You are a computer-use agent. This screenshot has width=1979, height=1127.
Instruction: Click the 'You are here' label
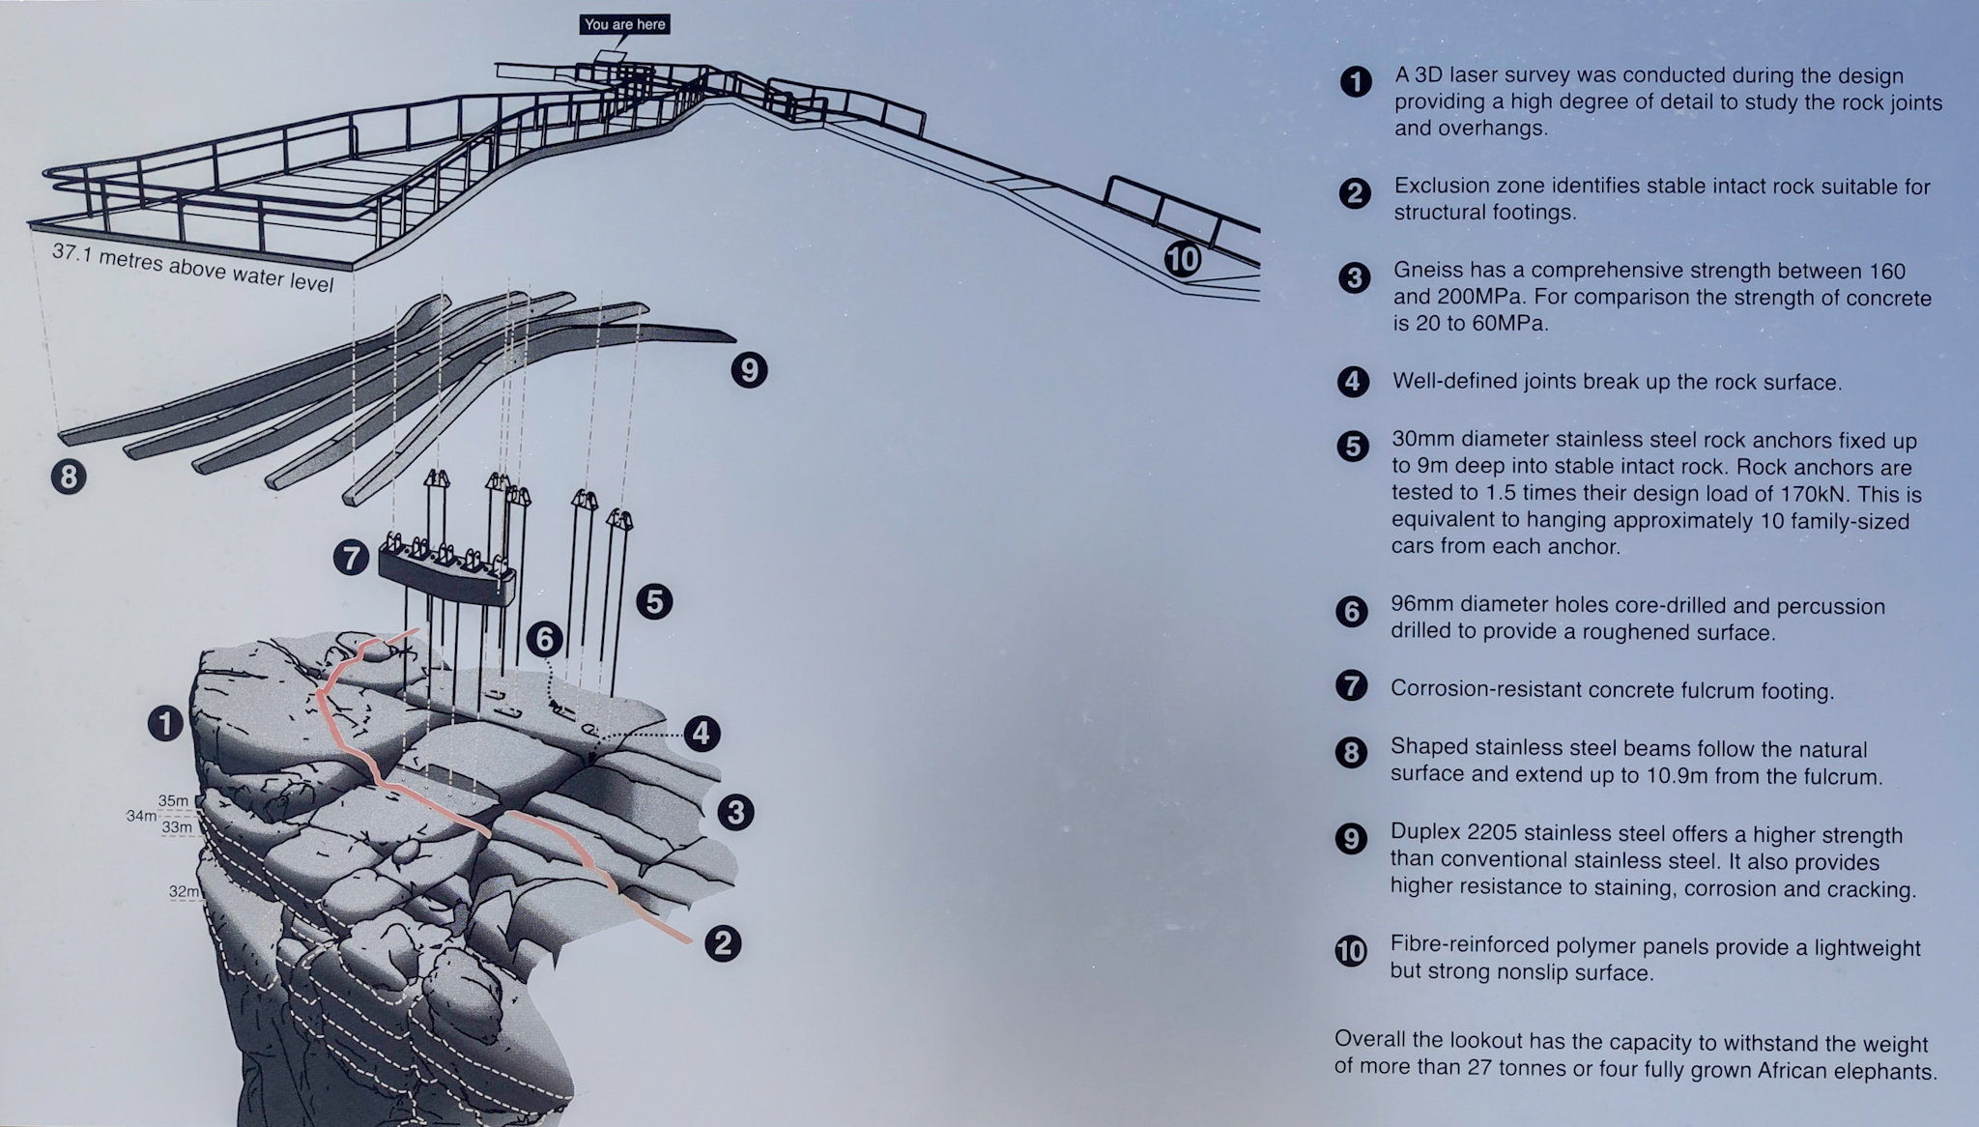tap(625, 24)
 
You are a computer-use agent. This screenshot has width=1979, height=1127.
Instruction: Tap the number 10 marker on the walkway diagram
tap(1182, 259)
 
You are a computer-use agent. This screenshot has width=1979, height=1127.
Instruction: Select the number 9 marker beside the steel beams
tap(749, 370)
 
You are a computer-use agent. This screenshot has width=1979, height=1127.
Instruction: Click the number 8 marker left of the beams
tap(69, 477)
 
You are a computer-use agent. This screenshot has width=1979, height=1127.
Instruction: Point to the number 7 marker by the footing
tap(351, 558)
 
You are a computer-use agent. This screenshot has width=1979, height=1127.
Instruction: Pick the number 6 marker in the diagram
tap(545, 639)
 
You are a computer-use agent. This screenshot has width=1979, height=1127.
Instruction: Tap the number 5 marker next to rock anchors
tap(654, 602)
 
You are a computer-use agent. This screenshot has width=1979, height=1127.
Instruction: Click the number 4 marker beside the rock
tap(702, 734)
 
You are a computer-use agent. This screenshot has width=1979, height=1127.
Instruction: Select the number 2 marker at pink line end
tap(723, 942)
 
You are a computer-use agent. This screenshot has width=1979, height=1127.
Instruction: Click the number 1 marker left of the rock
tap(166, 723)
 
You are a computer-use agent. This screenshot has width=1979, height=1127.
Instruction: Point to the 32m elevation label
tap(184, 891)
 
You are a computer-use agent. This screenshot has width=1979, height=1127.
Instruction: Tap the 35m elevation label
tap(174, 800)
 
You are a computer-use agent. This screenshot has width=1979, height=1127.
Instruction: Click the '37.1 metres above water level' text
tap(193, 268)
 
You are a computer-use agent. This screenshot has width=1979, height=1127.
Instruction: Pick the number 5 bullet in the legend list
tap(1353, 446)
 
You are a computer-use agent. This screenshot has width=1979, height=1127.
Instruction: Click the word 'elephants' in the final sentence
tap(1892, 1072)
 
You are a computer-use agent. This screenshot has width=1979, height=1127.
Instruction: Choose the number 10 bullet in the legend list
tap(1351, 951)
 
